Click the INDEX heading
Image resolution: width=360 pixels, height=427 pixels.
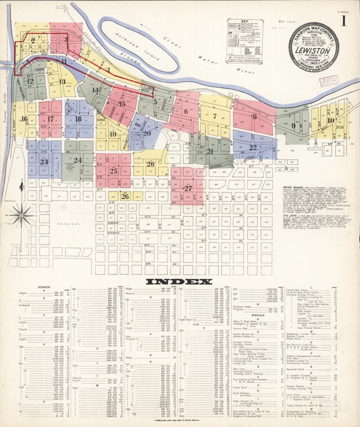(180, 281)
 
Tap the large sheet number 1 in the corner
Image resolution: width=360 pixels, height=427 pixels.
(344, 21)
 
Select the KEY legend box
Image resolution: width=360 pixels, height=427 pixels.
(245, 32)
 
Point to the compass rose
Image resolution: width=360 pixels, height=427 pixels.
(22, 216)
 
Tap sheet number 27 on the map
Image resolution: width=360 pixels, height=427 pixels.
(187, 188)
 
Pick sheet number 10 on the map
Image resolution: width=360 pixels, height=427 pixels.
(330, 120)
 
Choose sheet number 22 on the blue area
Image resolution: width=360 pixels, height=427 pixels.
(253, 147)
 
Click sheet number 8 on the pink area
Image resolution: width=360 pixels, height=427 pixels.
(254, 116)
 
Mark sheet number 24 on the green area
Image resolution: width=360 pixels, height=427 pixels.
(78, 160)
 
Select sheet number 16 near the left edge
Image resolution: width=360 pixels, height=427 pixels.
(24, 119)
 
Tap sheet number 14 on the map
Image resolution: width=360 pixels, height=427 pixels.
(96, 90)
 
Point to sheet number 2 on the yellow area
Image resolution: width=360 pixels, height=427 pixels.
(32, 40)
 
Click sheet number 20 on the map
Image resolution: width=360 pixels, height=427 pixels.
(147, 133)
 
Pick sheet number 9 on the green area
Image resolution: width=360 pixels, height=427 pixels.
(293, 125)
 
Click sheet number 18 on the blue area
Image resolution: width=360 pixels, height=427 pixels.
(78, 119)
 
